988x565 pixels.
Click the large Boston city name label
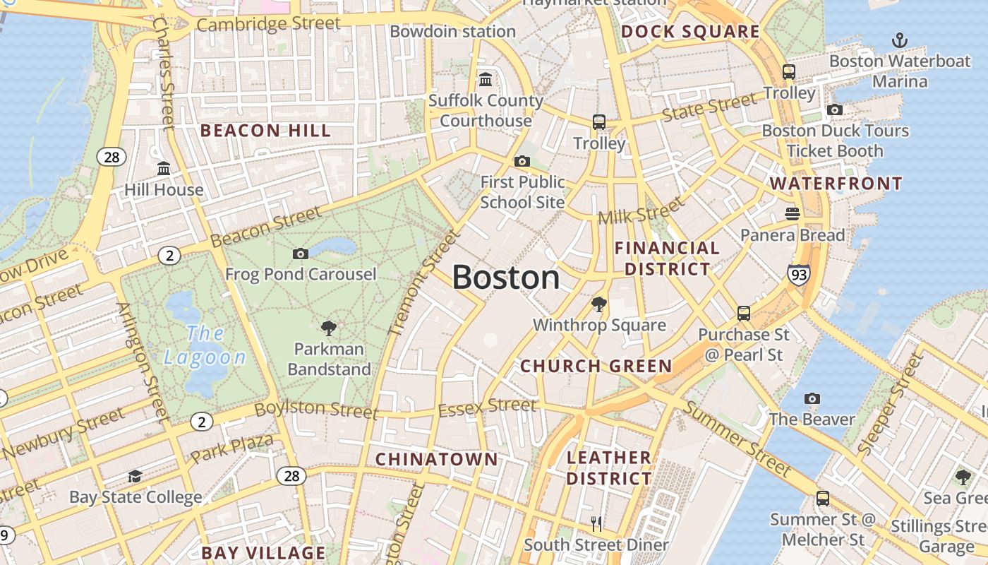506,278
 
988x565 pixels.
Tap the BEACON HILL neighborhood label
265,131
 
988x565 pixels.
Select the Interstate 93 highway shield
799,274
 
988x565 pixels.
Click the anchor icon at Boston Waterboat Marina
899,40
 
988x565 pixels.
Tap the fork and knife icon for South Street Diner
596,523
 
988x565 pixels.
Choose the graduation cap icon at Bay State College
135,477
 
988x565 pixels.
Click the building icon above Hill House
164,168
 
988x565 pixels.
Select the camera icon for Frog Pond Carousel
301,254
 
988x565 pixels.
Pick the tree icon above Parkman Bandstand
328,328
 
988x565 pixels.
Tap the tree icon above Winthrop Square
599,304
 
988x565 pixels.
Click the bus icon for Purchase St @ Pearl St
744,313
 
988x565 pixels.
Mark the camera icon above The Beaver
812,399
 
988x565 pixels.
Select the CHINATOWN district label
436,459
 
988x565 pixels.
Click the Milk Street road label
641,210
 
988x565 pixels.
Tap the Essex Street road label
487,407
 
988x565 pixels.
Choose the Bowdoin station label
452,32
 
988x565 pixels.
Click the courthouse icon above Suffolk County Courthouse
486,79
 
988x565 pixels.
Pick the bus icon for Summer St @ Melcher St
823,499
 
